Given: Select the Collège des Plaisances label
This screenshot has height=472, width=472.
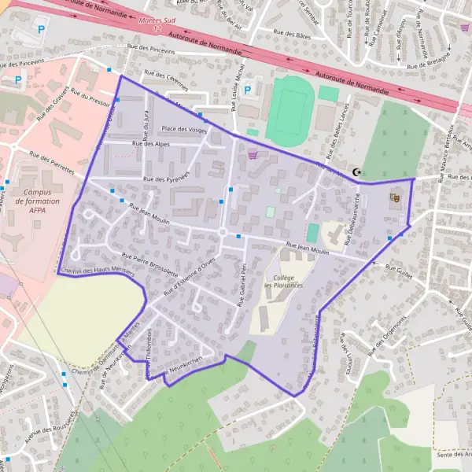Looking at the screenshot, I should pyautogui.click(x=284, y=282).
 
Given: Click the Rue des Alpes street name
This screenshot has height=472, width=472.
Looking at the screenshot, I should pyautogui.click(x=151, y=144).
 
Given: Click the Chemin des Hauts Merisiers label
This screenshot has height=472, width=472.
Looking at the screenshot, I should pyautogui.click(x=96, y=270).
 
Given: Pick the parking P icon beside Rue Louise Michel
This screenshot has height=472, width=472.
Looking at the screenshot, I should pyautogui.click(x=248, y=90).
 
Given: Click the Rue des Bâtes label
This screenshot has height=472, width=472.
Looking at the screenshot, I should pyautogui.click(x=291, y=35).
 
